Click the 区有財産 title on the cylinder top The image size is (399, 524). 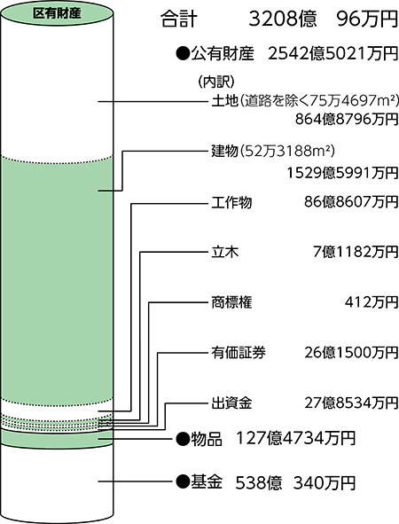pos(57,13)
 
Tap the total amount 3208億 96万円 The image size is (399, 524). pos(324,20)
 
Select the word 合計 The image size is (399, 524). pos(179,20)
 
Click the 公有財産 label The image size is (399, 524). pos(223,53)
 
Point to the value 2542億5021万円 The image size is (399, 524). pos(332,53)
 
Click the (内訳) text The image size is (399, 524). pos(216,82)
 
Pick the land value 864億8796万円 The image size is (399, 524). pos(347,119)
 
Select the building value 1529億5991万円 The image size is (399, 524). pos(342,173)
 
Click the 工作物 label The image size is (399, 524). pos(231,202)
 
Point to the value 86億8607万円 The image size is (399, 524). pos(351,202)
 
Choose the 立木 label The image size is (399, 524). pos(225,252)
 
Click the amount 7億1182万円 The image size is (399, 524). pos(356,252)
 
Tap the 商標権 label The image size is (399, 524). pos(231,302)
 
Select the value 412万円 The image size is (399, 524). pos(372,302)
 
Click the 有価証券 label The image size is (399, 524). pos(239,353)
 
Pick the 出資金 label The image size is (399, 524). pos(231,403)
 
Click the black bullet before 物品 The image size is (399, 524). pos(183,438)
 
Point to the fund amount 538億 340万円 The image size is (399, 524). pos(295,483)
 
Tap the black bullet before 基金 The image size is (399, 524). pos(183,482)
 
